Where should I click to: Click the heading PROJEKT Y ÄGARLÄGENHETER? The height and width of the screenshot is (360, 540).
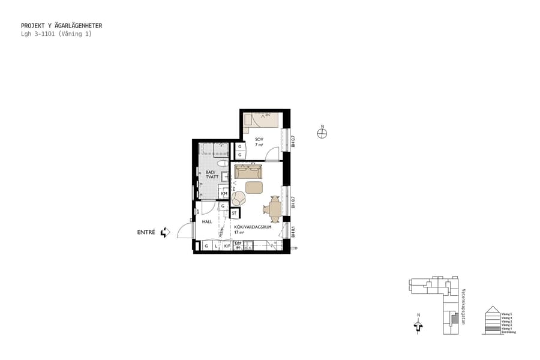(x=61, y=26)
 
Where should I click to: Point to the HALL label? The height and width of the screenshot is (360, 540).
(x=207, y=221)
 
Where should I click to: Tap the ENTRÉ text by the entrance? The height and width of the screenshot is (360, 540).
(x=146, y=232)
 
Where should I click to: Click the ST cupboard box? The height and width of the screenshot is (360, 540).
(x=235, y=212)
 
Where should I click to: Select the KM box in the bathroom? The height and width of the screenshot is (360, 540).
(x=224, y=193)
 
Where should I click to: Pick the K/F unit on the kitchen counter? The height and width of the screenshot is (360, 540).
(x=227, y=246)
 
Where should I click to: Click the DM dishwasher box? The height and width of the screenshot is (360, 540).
(x=238, y=244)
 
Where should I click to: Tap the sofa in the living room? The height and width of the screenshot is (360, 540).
(x=248, y=172)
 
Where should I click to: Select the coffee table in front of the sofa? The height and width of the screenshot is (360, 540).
(x=254, y=188)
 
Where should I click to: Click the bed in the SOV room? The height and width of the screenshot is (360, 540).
(x=262, y=120)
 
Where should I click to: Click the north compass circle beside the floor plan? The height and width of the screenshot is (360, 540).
(x=322, y=133)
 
